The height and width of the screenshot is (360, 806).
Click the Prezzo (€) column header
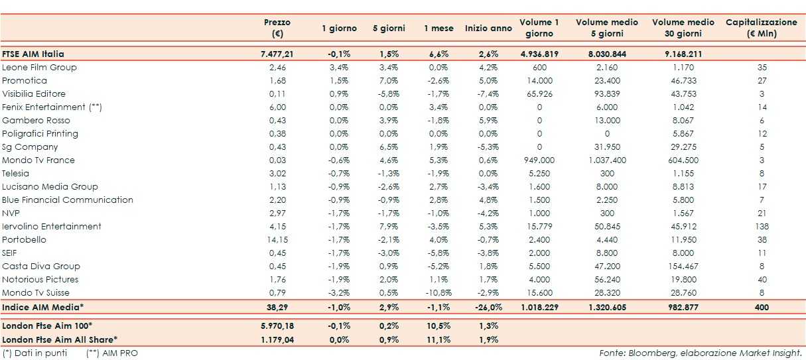point(277,28)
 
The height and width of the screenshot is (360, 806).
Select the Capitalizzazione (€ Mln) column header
point(761,28)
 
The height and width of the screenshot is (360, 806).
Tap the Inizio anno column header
point(488,29)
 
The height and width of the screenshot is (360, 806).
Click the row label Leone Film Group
point(39,68)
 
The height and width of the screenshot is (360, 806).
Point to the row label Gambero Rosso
point(36,121)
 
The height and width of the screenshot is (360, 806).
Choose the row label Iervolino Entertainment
point(52,227)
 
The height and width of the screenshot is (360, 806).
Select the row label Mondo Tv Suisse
point(36,293)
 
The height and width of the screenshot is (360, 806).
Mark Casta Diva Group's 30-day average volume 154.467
point(683,267)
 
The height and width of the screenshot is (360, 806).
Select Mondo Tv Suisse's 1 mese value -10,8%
point(438,293)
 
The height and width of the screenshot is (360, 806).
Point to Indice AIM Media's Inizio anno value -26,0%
point(488,308)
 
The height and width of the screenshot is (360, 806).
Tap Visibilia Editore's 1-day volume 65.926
point(539,94)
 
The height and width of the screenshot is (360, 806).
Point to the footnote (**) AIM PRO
point(112,353)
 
